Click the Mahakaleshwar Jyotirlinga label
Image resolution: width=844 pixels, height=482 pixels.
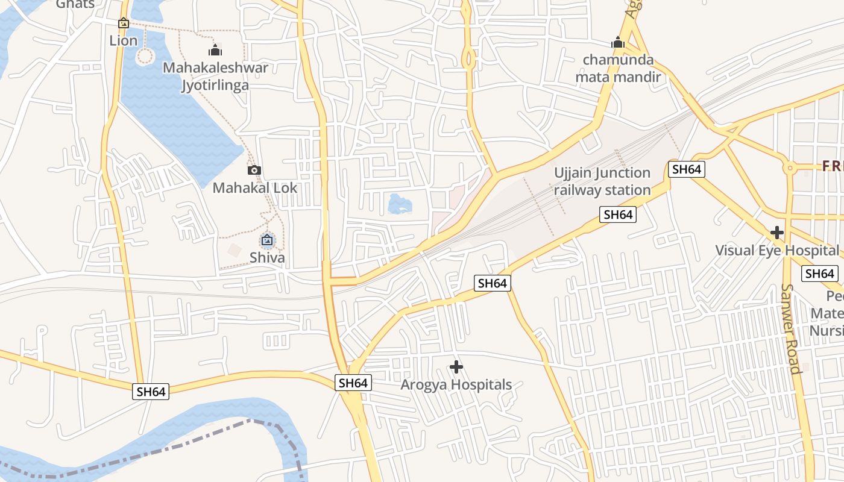click(215, 76)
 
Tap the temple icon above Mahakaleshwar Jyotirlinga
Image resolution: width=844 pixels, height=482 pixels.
click(215, 49)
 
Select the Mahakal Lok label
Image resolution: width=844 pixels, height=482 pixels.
click(255, 188)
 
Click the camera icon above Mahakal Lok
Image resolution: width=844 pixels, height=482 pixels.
click(254, 170)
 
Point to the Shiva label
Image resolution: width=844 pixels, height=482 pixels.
click(267, 258)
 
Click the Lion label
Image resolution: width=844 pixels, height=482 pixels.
click(124, 41)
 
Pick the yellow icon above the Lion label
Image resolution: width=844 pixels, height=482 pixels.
click(124, 23)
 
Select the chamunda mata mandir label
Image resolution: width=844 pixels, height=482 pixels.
click(618, 68)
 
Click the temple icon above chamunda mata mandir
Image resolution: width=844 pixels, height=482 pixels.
click(617, 43)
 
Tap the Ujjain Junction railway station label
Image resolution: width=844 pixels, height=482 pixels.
click(602, 181)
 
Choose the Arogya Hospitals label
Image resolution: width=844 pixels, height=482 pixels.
click(456, 384)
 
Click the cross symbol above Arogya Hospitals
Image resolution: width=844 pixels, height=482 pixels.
click(456, 366)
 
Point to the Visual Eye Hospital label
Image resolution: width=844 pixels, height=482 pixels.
click(776, 250)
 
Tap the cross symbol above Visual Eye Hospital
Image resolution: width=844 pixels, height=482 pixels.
click(777, 232)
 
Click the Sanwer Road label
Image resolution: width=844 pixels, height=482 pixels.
click(792, 328)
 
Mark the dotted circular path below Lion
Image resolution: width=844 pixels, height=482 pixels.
click(145, 57)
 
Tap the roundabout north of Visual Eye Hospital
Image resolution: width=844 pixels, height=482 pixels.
click(790, 169)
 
